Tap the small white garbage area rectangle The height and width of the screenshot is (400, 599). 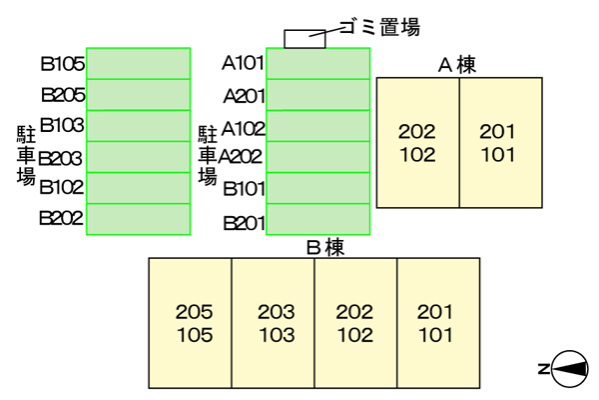(x=305, y=39)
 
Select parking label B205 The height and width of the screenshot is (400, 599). (x=62, y=96)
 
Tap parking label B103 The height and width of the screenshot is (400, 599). (x=62, y=126)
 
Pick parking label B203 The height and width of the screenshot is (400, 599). (x=62, y=157)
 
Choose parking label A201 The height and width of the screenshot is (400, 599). (x=243, y=96)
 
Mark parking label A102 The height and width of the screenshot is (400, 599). (x=243, y=127)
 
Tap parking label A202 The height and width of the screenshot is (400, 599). (x=241, y=157)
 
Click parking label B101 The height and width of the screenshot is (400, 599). (x=243, y=188)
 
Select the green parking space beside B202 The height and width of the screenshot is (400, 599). (x=139, y=219)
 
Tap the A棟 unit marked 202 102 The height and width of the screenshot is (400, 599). (x=416, y=142)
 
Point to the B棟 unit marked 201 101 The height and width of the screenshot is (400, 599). (x=435, y=323)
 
